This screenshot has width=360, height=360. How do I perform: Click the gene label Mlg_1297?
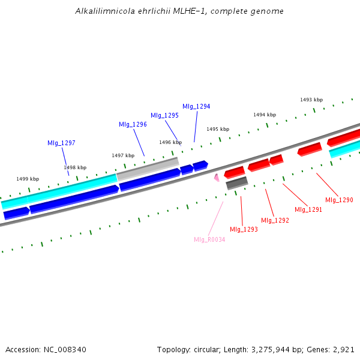pos(61,143)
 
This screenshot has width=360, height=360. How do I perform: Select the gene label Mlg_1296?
pos(133,124)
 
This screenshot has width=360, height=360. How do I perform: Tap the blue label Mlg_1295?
pos(164,115)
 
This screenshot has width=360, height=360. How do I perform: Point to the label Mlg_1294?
pos(196,106)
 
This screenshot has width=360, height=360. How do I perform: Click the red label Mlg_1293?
pos(244,229)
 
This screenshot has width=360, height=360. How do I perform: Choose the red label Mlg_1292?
pos(275,220)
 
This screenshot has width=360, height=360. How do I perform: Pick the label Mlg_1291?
pos(308,209)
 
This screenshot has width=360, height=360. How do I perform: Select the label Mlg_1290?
pos(339,200)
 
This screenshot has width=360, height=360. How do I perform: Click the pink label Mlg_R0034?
pos(209,239)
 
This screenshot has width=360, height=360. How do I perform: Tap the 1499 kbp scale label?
pos(28,179)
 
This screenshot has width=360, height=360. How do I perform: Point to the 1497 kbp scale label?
pos(123,155)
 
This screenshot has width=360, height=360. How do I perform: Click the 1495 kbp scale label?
pos(218,129)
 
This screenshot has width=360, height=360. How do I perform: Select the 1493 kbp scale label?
pos(311,100)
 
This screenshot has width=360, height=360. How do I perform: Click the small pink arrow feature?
pos(217,177)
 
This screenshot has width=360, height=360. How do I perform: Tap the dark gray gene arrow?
pos(236,182)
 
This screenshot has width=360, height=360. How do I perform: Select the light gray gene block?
pos(148,168)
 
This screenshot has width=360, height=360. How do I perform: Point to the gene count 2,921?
pos(344,349)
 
